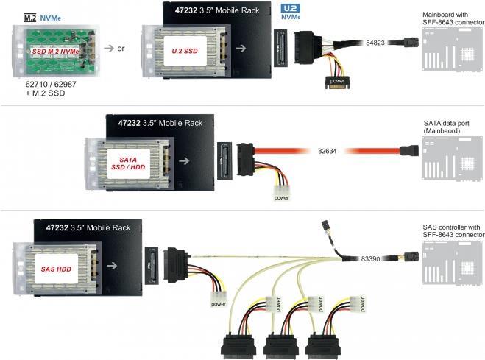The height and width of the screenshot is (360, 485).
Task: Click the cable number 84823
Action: coord(375,43)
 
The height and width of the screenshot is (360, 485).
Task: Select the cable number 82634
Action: coord(328,152)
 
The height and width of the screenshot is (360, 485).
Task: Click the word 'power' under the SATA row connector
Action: coord(281,197)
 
